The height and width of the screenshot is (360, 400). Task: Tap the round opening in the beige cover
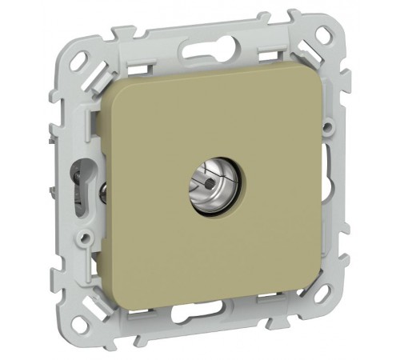click(212, 182)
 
